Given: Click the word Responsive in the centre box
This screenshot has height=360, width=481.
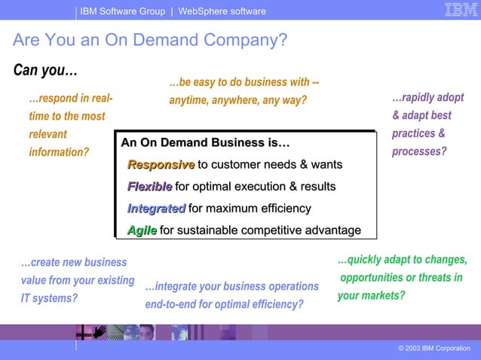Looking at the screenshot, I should pos(161,165).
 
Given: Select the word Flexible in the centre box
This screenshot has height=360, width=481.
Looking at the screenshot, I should pos(149,187).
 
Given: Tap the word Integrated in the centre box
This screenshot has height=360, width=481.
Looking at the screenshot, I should pos(156,209).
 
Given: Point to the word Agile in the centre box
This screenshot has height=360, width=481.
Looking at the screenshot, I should pos(142,230).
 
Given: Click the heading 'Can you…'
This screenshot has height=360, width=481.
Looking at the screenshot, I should pos(45,70).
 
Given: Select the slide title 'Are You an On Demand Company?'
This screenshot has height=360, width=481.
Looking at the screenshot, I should pos(150,40).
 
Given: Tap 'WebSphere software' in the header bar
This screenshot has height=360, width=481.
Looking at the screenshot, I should pos(222,11).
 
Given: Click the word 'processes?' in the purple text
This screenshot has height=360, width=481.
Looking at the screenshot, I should pos(419,151).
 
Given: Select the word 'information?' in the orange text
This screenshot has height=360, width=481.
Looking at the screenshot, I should pos(59,152).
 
